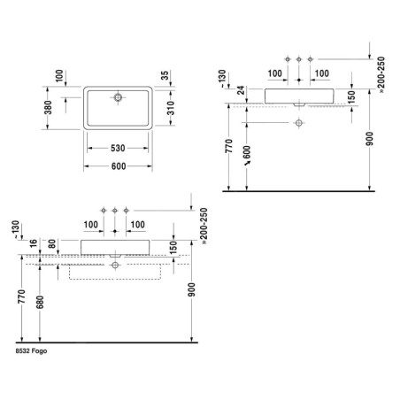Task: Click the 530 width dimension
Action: (x=118, y=148)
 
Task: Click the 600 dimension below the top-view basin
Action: (x=119, y=166)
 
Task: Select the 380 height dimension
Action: (x=48, y=107)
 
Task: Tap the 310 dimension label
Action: (x=171, y=108)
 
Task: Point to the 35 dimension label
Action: (x=165, y=75)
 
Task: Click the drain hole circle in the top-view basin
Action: (x=118, y=97)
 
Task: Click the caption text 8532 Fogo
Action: (x=31, y=351)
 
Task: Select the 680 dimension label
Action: (x=40, y=302)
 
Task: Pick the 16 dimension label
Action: (x=34, y=243)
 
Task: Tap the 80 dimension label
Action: (x=52, y=243)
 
